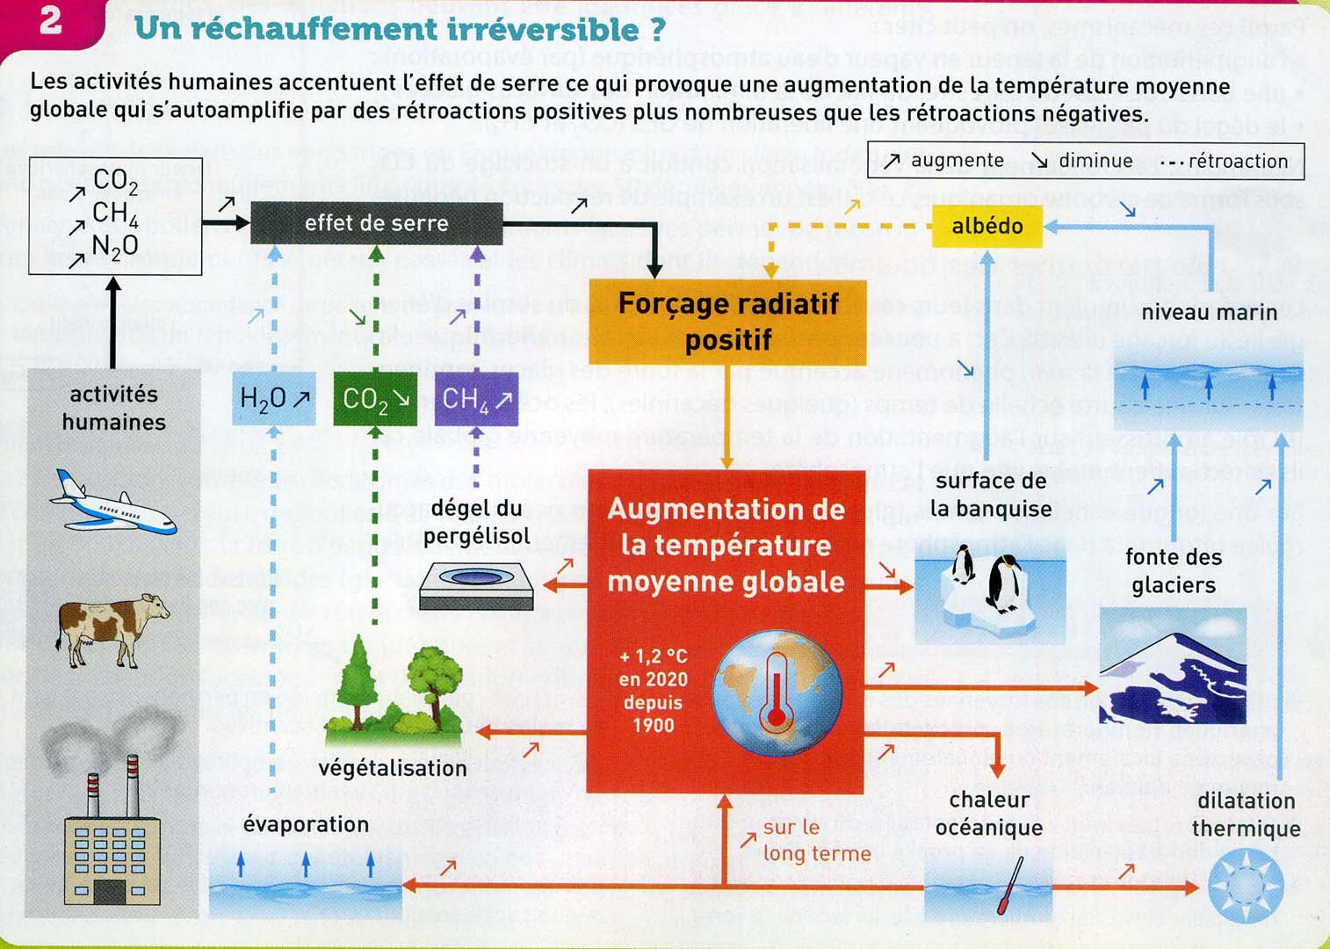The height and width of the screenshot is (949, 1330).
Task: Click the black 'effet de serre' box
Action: click(376, 223)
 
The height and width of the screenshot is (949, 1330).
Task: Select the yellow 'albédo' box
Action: click(987, 226)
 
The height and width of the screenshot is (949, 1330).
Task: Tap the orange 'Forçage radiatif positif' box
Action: click(727, 322)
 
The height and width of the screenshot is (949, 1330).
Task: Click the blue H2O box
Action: click(274, 399)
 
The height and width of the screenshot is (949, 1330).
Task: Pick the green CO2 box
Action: click(375, 399)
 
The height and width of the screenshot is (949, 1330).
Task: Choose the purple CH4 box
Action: click(476, 399)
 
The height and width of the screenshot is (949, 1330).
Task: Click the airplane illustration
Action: click(113, 504)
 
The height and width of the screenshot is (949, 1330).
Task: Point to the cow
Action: click(112, 628)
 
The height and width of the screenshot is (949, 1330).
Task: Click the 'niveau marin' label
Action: click(1209, 313)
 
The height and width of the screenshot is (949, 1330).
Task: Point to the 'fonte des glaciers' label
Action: click(1173, 571)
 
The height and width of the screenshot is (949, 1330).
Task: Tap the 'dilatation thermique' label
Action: click(1246, 815)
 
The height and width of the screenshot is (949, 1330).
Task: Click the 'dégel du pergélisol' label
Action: click(476, 522)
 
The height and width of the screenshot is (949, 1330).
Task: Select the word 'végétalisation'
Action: click(393, 768)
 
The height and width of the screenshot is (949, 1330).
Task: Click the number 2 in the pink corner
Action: click(51, 21)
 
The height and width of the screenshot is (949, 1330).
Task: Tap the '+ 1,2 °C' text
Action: click(653, 656)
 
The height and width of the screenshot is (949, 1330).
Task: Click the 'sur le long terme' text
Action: click(816, 840)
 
